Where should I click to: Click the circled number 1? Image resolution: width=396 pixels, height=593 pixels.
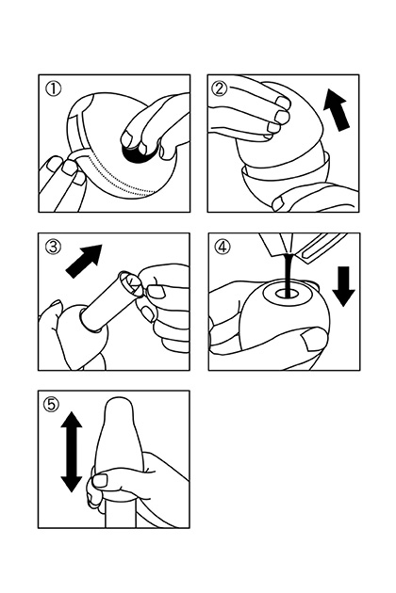pyautogui.click(x=53, y=89)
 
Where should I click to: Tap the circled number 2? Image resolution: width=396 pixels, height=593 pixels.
pyautogui.click(x=221, y=89)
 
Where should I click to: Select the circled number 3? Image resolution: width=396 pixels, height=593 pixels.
pyautogui.click(x=53, y=247)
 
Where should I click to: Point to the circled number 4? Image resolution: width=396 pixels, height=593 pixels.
pyautogui.click(x=223, y=247)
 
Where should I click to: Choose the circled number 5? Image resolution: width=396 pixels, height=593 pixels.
pyautogui.click(x=52, y=405)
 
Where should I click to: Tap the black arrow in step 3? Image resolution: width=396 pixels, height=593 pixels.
pyautogui.click(x=84, y=261)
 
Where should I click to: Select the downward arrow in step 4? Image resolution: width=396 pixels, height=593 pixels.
pyautogui.click(x=343, y=286)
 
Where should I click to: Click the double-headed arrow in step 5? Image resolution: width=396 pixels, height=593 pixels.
pyautogui.click(x=72, y=452)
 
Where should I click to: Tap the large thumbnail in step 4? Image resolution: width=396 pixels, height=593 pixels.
pyautogui.click(x=314, y=339)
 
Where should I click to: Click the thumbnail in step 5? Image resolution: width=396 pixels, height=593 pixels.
pyautogui.click(x=101, y=480)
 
